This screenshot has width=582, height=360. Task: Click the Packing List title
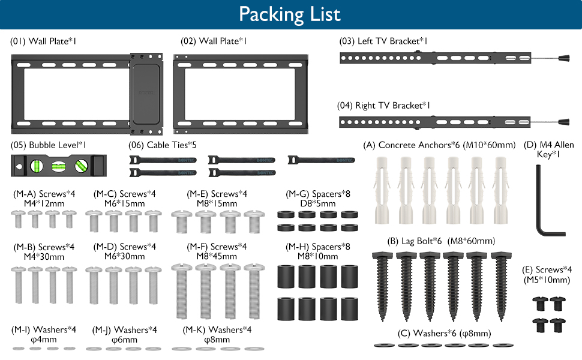[x=290, y=14]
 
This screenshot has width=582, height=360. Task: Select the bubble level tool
[x=59, y=166]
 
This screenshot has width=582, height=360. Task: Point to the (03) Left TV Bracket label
[x=383, y=41]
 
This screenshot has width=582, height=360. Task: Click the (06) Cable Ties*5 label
[x=163, y=145]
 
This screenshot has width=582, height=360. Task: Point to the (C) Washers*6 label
[x=445, y=333]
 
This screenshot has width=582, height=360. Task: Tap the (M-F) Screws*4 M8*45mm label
[x=217, y=251]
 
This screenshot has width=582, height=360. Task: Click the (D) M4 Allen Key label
[x=550, y=149]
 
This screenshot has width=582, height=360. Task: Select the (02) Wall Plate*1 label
[x=214, y=41]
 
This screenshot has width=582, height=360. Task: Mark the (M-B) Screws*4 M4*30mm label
[x=44, y=251]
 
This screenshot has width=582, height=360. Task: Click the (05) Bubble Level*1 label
[x=49, y=145]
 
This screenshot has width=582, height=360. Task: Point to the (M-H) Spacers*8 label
[x=317, y=251]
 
